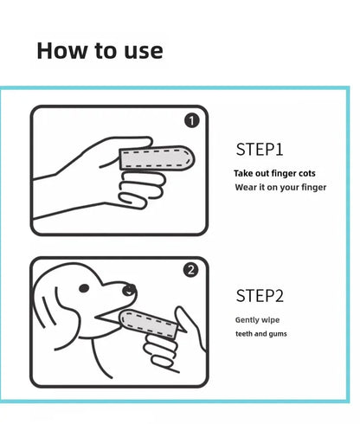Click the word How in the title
tap(63, 50)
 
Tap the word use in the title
tap(139, 50)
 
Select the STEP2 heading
tap(260, 296)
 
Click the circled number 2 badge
tap(192, 269)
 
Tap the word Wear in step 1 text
tap(246, 187)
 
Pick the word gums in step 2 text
tap(277, 334)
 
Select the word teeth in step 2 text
tap(245, 333)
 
